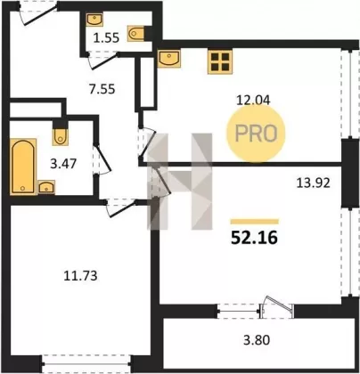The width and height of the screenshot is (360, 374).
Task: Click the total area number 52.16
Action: [254, 237]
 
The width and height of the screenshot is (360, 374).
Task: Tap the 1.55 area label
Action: [106, 38]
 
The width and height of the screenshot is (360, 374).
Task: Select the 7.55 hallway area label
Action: [102, 89]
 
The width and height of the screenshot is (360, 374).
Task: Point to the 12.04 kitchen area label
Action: [253, 100]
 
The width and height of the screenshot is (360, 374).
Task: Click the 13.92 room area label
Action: [314, 183]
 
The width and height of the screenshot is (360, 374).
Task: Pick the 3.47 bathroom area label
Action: [63, 164]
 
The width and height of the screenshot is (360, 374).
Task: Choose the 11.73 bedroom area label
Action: [80, 276]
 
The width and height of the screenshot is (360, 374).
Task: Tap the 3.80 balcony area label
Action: [257, 340]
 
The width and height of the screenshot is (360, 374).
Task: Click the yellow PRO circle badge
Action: [256, 134]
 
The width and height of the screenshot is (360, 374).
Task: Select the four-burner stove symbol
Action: [220, 61]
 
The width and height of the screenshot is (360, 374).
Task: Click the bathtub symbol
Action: [23, 167]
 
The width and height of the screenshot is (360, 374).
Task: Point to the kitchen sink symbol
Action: [169, 59]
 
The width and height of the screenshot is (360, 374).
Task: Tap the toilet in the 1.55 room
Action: [135, 33]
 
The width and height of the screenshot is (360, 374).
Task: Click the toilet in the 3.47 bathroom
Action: [60, 137]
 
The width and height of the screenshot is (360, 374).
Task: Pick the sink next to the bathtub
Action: [46, 187]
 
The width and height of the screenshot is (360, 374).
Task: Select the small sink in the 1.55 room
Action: [94, 20]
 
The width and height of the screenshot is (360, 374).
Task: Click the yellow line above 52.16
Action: [255, 222]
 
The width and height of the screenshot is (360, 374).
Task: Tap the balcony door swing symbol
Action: [277, 307]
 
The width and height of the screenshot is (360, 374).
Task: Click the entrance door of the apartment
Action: [38, 13]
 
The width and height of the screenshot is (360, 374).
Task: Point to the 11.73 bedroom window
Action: [86, 363]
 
